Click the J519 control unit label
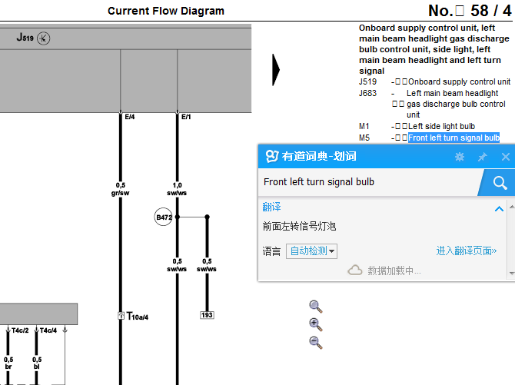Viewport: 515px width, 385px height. pyautogui.click(x=25, y=38)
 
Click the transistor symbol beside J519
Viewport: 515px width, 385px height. pyautogui.click(x=43, y=38)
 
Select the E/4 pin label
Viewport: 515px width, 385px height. pyautogui.click(x=130, y=117)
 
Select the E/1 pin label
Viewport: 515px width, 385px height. pyautogui.click(x=186, y=117)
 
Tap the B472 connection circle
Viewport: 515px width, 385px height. pyautogui.click(x=163, y=217)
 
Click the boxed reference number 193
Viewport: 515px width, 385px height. pyautogui.click(x=207, y=315)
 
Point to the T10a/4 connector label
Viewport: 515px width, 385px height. pyautogui.click(x=138, y=316)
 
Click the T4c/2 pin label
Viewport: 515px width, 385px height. pyautogui.click(x=20, y=330)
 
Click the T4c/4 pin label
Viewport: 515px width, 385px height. pyautogui.click(x=48, y=330)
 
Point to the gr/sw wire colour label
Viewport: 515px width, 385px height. pyautogui.click(x=120, y=193)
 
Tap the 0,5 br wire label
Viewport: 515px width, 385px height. pyautogui.click(x=8, y=363)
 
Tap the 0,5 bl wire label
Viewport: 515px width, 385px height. pyautogui.click(x=37, y=363)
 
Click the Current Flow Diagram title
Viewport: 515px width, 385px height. pyautogui.click(x=166, y=11)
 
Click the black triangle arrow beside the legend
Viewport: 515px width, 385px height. pyautogui.click(x=276, y=70)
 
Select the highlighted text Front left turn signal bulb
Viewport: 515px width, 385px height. pyautogui.click(x=454, y=138)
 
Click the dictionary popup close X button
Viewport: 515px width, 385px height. pyautogui.click(x=506, y=157)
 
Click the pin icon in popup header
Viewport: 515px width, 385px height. pyautogui.click(x=482, y=157)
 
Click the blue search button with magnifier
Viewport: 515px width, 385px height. pyautogui.click(x=497, y=183)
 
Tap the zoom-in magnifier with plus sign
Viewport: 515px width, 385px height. pyautogui.click(x=316, y=324)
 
